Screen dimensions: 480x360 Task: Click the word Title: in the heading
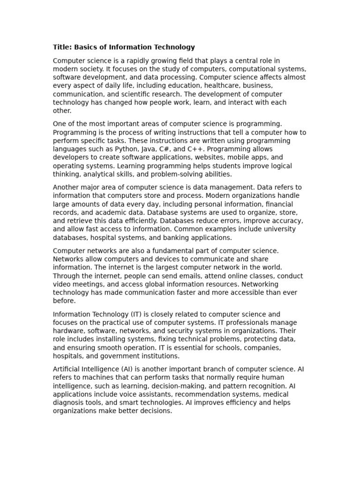click(61, 47)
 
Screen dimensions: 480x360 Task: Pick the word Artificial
click(66, 369)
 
